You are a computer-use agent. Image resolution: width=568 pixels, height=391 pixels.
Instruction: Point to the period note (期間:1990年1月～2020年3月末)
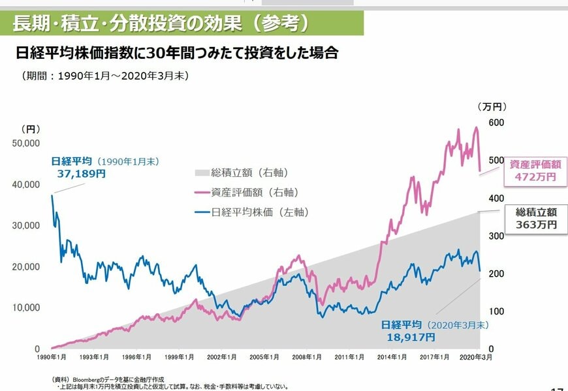(x=105, y=76)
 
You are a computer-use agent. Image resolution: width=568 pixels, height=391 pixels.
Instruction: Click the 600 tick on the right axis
(x=497, y=123)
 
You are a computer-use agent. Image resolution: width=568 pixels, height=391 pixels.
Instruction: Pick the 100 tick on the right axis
(x=497, y=311)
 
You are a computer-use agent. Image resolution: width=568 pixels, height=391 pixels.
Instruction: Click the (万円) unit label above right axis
(x=492, y=106)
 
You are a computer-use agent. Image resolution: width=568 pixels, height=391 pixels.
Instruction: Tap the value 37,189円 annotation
(x=78, y=174)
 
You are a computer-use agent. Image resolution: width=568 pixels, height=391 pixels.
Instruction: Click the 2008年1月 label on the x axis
(x=306, y=358)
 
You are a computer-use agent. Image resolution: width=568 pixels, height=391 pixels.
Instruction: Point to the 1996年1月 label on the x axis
(x=136, y=358)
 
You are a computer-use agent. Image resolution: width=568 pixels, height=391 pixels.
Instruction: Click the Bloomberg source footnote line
(x=108, y=379)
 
